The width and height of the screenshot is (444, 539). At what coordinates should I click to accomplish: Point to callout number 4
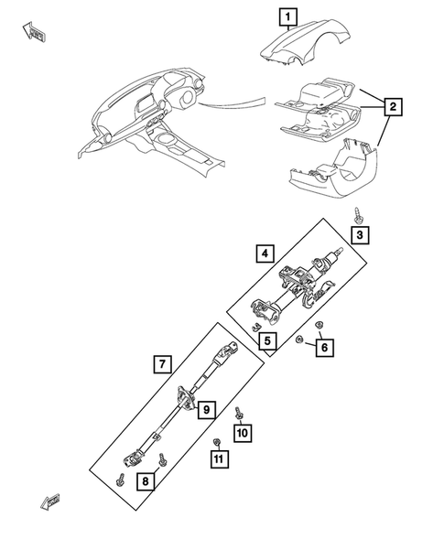pos(264,252)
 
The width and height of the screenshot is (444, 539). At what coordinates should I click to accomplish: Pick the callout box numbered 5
pos(266,342)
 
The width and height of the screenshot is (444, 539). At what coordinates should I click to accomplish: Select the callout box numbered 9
pos(207,409)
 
